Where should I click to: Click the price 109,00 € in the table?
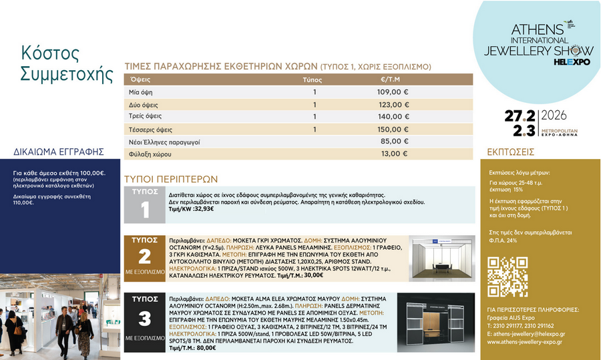click(393, 92)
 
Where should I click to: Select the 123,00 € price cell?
click(393, 105)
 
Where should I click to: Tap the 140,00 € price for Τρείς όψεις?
click(393, 116)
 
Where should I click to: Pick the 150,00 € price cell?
click(393, 129)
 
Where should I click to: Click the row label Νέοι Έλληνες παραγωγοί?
click(164, 142)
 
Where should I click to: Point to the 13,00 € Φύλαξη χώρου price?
click(394, 154)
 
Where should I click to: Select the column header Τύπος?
click(313, 79)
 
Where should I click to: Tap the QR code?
click(508, 276)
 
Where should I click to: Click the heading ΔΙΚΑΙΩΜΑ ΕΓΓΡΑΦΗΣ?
click(59, 152)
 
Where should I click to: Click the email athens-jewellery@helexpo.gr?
click(526, 333)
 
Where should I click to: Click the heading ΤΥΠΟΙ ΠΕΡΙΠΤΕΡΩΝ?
click(172, 179)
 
